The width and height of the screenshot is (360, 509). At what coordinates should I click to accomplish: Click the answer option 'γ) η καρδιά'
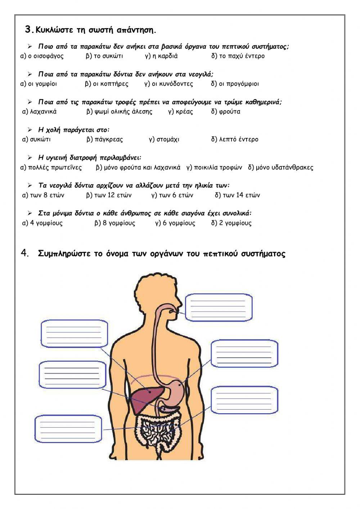161,56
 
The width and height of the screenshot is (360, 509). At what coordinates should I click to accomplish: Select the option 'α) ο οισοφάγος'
42,56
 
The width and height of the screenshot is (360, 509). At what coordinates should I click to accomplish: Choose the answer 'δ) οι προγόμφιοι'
235,84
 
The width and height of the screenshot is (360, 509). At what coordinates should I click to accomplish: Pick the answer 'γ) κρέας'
180,112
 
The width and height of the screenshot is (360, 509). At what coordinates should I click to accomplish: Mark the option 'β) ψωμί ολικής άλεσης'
119,112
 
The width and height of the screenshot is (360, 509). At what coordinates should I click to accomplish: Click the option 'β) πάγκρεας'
104,139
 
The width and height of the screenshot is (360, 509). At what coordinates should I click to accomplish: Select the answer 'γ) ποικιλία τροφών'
214,168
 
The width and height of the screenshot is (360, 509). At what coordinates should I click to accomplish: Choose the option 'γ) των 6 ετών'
172,195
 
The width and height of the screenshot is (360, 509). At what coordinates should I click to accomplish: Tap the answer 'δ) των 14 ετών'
237,195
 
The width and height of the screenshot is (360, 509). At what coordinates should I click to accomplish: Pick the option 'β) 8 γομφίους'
115,223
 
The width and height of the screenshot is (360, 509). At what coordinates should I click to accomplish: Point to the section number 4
25,253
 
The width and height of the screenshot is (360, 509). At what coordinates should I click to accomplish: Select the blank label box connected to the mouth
219,307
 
